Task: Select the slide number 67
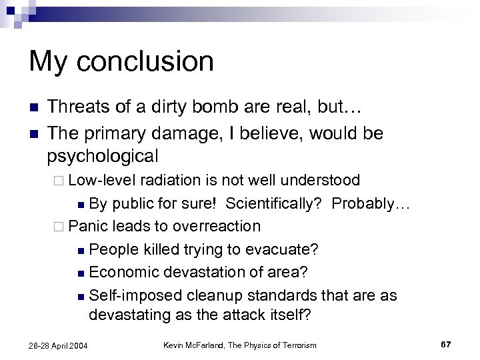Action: coord(446,344)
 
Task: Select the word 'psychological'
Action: coord(103,156)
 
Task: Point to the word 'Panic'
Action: coord(88,226)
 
